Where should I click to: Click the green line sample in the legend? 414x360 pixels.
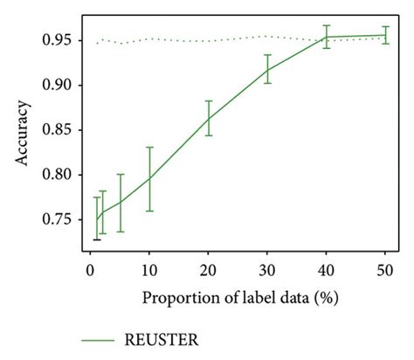click(x=101, y=339)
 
